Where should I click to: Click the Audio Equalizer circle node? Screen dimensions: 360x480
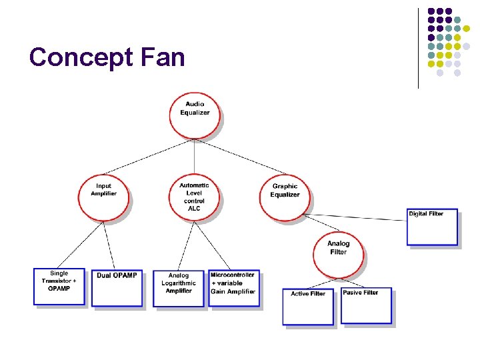point(195,114)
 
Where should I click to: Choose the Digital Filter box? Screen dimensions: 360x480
point(433,227)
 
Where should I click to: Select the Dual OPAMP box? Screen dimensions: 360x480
point(117,288)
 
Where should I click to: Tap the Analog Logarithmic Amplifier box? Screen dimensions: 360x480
point(178,288)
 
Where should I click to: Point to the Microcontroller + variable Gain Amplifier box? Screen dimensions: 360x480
point(234,288)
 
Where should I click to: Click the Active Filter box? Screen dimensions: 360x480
point(307,307)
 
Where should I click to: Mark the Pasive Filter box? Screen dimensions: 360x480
point(366,305)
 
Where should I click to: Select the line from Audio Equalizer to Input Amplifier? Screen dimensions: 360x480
point(147,157)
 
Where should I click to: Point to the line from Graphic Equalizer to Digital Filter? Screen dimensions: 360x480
point(360,217)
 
